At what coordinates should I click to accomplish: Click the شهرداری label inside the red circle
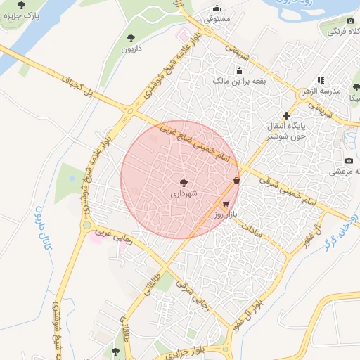[x=184, y=191]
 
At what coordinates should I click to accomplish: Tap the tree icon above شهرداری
[x=184, y=181]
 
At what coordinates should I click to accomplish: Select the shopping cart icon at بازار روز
[x=225, y=203]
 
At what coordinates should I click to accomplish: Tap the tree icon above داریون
[x=130, y=38]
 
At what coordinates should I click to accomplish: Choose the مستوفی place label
[x=217, y=19]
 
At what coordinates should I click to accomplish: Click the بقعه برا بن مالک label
[x=239, y=81]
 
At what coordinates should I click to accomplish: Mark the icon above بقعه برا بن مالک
[x=239, y=70]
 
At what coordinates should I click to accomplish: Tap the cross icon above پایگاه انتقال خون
[x=285, y=115]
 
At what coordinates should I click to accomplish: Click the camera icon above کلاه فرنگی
[x=350, y=21]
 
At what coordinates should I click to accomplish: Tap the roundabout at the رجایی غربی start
[x=86, y=226]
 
